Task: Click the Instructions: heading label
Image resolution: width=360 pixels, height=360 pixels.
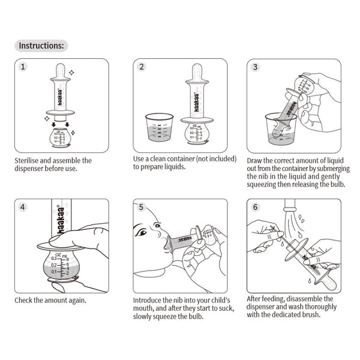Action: [x=41, y=45]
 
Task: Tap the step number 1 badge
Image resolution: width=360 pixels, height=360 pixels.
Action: [x=23, y=67]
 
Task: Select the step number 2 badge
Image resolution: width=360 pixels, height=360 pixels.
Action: [x=141, y=67]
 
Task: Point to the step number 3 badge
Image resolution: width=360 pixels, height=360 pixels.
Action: [x=255, y=67]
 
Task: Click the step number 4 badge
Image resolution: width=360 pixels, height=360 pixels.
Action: [x=23, y=207]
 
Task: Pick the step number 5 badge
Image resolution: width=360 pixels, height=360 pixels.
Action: [x=141, y=207]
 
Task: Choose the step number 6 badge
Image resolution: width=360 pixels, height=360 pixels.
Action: [x=255, y=207]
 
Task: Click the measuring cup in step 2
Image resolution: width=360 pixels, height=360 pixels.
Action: [x=159, y=130]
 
